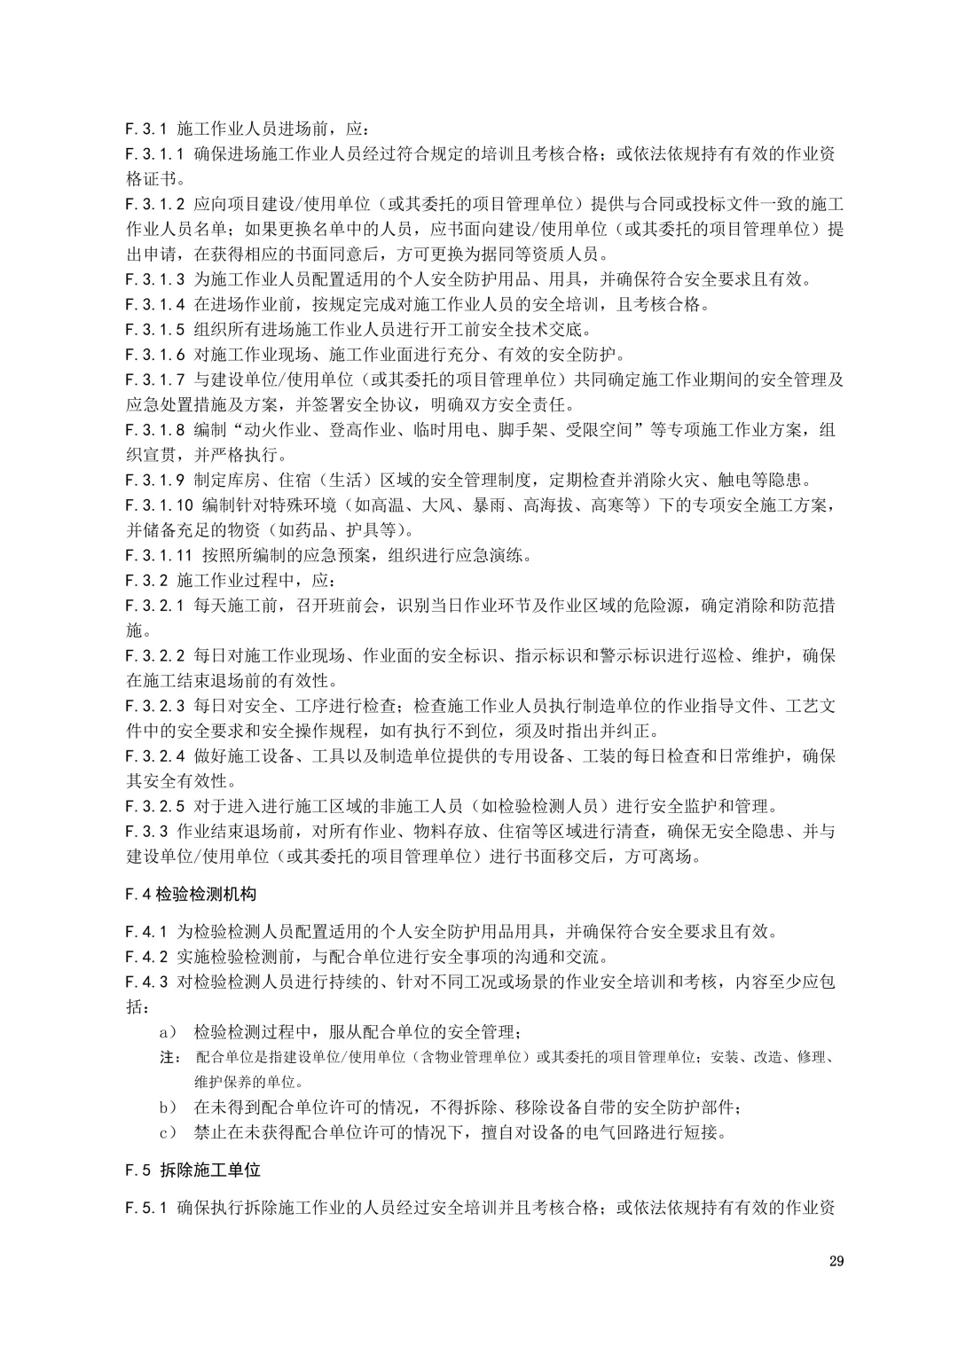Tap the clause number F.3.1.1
[155, 153]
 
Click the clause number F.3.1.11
[159, 556]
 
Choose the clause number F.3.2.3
[155, 707]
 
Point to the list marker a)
[168, 1032]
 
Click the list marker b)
[168, 1107]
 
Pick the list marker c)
[168, 1132]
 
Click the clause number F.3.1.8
[155, 430]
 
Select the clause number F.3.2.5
[155, 807]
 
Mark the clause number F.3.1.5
[155, 330]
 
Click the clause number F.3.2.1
[155, 607]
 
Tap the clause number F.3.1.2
[155, 204]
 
